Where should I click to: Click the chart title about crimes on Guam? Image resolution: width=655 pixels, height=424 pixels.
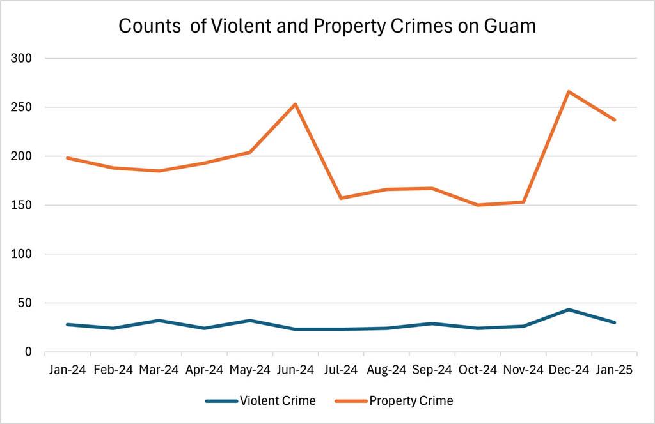click(x=327, y=26)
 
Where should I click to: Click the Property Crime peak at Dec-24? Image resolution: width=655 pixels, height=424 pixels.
click(x=569, y=91)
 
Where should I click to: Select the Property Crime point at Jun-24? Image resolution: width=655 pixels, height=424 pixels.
click(x=295, y=104)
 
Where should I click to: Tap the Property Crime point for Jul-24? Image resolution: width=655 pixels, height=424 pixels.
click(x=341, y=198)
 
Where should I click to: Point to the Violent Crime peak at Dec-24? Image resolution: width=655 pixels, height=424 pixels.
click(x=569, y=310)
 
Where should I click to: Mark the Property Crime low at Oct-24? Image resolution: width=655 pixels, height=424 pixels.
click(x=478, y=205)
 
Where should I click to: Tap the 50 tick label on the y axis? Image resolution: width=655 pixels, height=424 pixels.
click(x=25, y=303)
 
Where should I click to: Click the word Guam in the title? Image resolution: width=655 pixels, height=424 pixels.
click(x=507, y=26)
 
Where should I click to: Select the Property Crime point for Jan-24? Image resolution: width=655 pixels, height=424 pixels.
click(x=67, y=158)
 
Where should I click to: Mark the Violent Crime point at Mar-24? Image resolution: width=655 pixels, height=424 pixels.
click(x=159, y=321)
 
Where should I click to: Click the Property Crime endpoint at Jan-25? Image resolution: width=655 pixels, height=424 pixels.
click(x=615, y=120)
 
